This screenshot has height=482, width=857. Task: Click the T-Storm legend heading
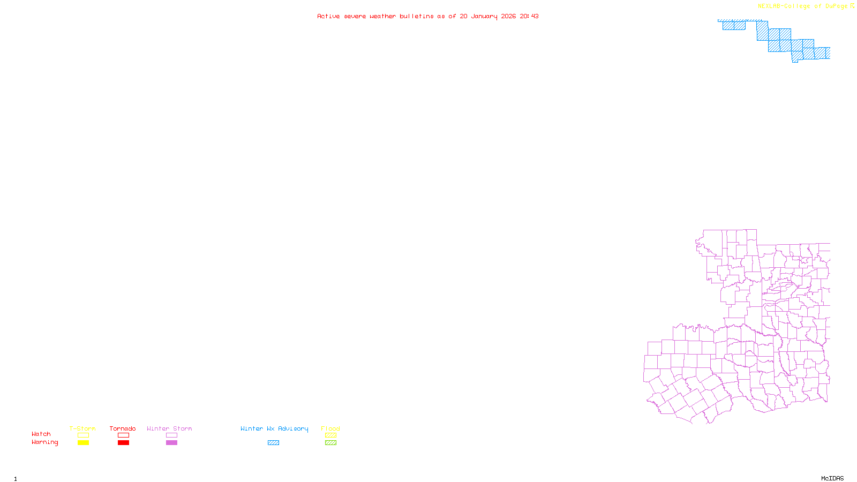point(82,428)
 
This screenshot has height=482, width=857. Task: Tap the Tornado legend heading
point(123,428)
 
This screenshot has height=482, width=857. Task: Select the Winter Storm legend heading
point(169,428)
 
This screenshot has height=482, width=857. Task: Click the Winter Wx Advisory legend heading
point(274,428)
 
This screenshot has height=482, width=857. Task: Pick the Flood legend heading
point(330,428)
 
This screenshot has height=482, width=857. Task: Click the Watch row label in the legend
point(41,434)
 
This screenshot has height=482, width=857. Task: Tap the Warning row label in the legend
point(44,442)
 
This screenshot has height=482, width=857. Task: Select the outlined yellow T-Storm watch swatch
point(83,435)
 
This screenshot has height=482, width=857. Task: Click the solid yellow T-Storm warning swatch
point(83,443)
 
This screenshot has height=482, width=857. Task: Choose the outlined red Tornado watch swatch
point(123,435)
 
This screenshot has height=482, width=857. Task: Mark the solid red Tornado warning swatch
point(123,443)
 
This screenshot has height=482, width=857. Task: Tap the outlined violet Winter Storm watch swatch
point(171,435)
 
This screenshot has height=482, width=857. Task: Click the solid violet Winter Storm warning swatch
point(171,443)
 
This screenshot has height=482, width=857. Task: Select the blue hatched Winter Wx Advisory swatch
point(273,443)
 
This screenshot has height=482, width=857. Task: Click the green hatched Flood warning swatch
point(330,443)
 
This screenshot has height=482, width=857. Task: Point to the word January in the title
point(484,17)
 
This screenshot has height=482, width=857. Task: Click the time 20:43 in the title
point(529,17)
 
